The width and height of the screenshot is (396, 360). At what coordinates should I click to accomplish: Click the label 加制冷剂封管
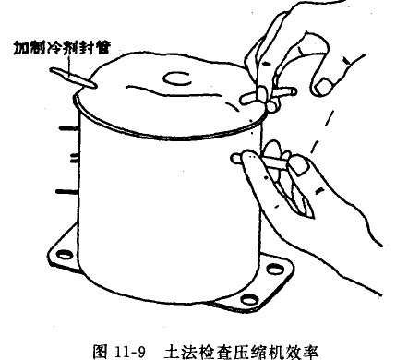[x=62, y=48]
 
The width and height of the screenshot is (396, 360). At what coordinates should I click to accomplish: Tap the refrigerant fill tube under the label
[x=73, y=78]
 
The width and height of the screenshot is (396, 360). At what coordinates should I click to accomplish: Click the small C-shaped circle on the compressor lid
[x=177, y=78]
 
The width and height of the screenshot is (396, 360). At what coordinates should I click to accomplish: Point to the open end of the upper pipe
[x=293, y=91]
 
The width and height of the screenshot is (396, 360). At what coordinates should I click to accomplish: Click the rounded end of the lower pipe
[x=236, y=159]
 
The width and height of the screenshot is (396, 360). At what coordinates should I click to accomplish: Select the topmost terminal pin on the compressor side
[x=68, y=128]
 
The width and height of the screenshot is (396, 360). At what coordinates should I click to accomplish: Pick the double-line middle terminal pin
[x=74, y=159]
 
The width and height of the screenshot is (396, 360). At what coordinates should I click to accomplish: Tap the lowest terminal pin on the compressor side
[x=66, y=192]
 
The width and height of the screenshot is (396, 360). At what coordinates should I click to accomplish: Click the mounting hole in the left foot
[x=66, y=255]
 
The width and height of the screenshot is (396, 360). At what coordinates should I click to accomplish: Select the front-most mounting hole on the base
[x=249, y=299]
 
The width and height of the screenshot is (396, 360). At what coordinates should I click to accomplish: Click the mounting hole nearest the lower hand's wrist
[x=275, y=269]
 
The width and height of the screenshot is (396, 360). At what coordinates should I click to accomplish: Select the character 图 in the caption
[x=101, y=352]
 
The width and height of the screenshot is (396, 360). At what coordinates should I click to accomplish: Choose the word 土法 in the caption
[x=180, y=352]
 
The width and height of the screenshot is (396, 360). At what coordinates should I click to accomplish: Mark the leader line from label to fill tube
[x=70, y=66]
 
